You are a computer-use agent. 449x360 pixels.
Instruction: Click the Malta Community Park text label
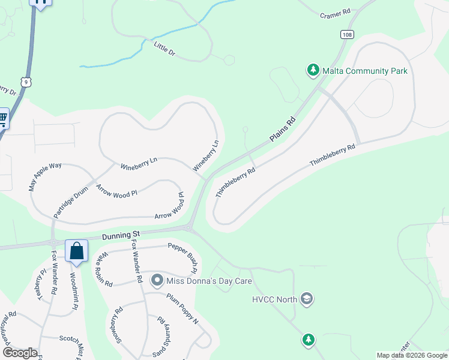pos(365,71)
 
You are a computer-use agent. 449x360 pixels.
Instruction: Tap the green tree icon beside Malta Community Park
pos(313,71)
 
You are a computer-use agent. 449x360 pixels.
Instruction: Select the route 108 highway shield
pos(346,35)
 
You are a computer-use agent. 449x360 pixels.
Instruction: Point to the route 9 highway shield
pos(25,81)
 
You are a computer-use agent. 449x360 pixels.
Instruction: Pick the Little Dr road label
pos(164,49)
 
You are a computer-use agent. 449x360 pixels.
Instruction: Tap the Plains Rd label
pos(283,130)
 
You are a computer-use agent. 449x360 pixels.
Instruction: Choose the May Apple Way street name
pos(46,176)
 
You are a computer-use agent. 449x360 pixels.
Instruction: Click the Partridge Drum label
pos(71,202)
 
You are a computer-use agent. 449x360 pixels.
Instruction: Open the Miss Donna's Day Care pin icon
pos(157,280)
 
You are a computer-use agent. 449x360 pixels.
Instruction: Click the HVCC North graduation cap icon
pos(307,299)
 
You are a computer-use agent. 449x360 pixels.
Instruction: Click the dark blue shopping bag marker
pos(77,251)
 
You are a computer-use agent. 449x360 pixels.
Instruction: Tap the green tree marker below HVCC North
pos(308,340)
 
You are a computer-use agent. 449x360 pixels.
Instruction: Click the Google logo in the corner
pos(19,353)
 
